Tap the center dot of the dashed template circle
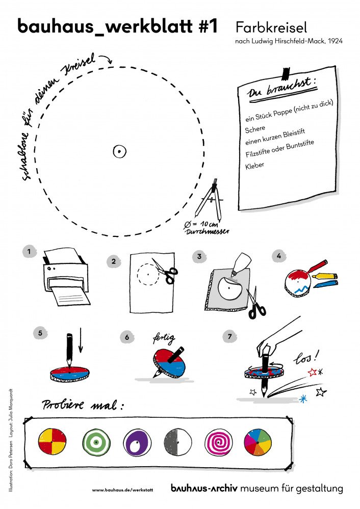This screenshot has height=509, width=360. [119, 151]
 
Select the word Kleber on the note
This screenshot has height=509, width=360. [255, 166]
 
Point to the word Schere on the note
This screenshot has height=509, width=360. [255, 129]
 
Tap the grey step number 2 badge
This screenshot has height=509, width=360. [114, 261]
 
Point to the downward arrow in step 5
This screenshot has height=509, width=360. [81, 346]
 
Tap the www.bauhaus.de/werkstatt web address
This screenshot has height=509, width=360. [122, 490]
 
